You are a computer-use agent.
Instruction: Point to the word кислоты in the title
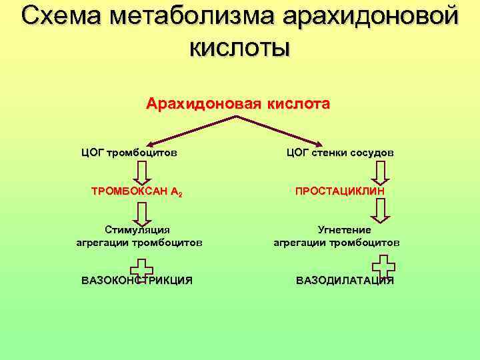pos(239,47)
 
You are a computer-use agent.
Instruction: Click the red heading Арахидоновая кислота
pos(238,104)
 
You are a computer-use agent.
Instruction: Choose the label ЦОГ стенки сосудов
pos(340,152)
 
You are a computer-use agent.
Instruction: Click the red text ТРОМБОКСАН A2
pos(136,191)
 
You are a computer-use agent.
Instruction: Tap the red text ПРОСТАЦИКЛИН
pos(339,191)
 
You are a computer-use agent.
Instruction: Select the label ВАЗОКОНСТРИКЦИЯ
pos(137,280)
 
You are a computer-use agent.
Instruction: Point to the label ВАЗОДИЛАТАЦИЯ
pos(345,280)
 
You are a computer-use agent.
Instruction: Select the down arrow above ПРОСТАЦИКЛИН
pos(380,171)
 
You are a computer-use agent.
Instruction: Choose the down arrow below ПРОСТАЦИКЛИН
pos(380,210)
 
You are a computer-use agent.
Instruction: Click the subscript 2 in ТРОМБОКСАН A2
pos(180,194)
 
